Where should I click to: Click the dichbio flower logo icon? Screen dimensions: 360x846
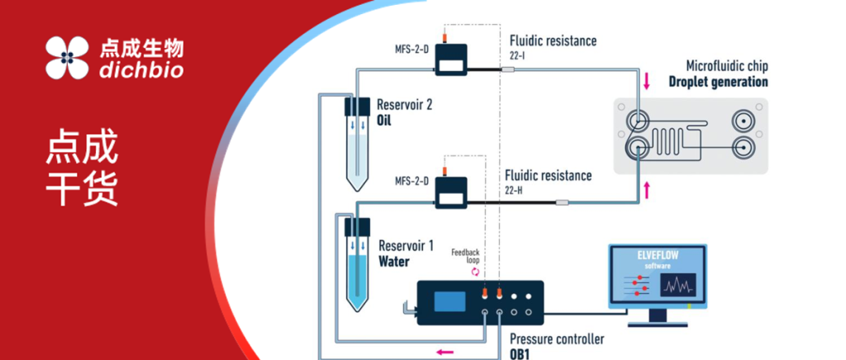[x=67, y=58]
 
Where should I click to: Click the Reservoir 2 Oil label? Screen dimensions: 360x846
[x=404, y=112]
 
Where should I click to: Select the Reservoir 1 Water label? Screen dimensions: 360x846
[x=406, y=253]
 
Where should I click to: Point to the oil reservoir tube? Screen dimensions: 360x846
[x=357, y=144]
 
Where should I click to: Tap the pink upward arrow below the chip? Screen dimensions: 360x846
[x=647, y=189]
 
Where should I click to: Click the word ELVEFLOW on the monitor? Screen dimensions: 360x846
[x=658, y=256]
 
